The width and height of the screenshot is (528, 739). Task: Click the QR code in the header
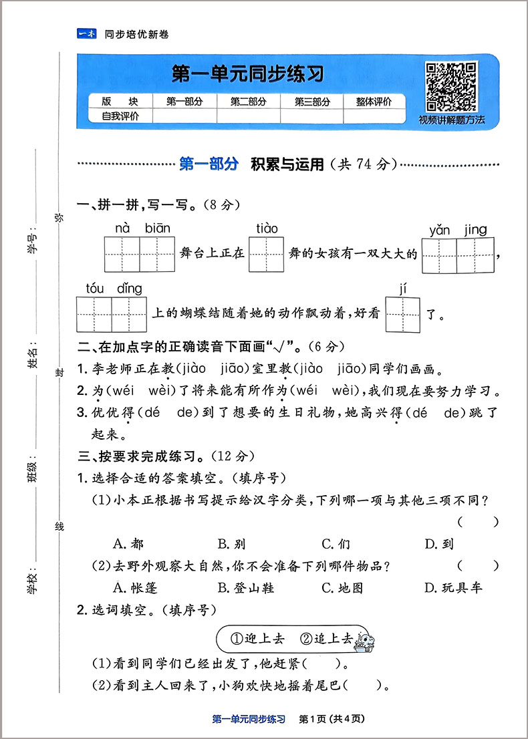click(452, 86)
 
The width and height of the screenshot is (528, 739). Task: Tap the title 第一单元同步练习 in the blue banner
click(247, 73)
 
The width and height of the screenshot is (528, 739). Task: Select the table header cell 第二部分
click(248, 102)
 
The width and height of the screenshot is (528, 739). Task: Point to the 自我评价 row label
click(120, 116)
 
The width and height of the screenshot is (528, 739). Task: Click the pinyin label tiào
click(267, 229)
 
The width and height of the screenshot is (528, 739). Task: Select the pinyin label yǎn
click(439, 231)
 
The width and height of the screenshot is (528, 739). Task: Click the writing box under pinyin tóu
click(94, 314)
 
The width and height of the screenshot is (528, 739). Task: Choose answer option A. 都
click(128, 544)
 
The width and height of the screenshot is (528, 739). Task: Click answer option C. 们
click(336, 544)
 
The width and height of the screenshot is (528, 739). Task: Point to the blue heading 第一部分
click(209, 164)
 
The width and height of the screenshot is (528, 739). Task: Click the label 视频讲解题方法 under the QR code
click(452, 121)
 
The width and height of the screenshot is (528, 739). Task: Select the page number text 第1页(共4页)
click(332, 719)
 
